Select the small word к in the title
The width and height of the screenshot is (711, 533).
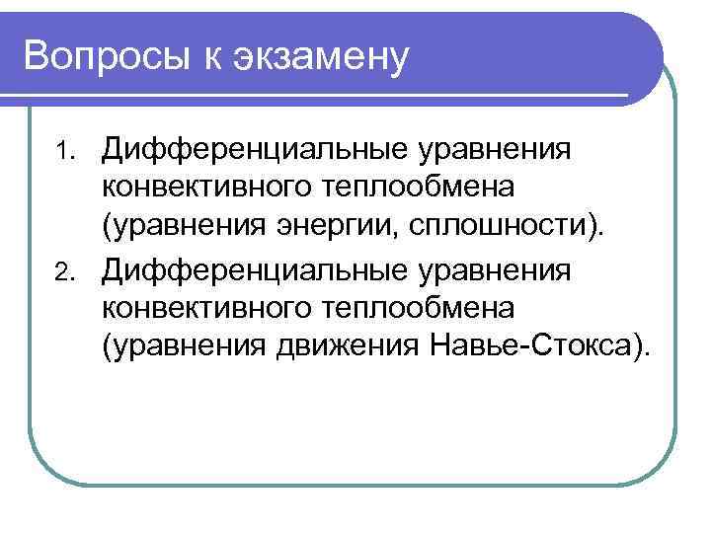tap(216, 56)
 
